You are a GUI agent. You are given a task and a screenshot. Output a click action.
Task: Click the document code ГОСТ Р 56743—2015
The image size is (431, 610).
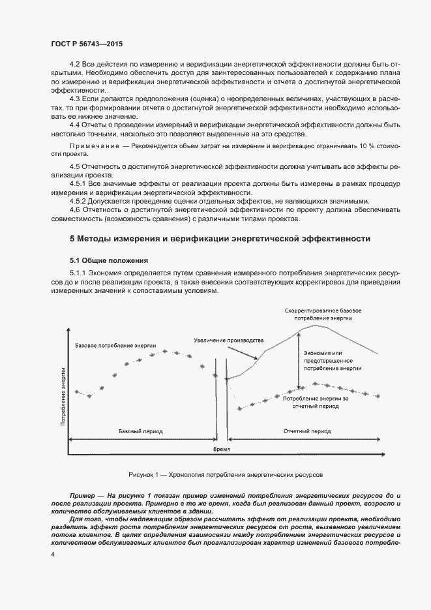(x=86, y=44)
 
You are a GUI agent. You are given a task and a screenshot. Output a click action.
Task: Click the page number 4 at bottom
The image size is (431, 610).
(x=52, y=555)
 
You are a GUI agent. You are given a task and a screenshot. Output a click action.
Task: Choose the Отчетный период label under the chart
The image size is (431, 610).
(x=306, y=431)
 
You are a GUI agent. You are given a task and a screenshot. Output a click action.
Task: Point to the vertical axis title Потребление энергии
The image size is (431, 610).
(x=63, y=396)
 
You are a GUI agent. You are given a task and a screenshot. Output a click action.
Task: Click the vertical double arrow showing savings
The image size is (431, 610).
(x=298, y=361)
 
